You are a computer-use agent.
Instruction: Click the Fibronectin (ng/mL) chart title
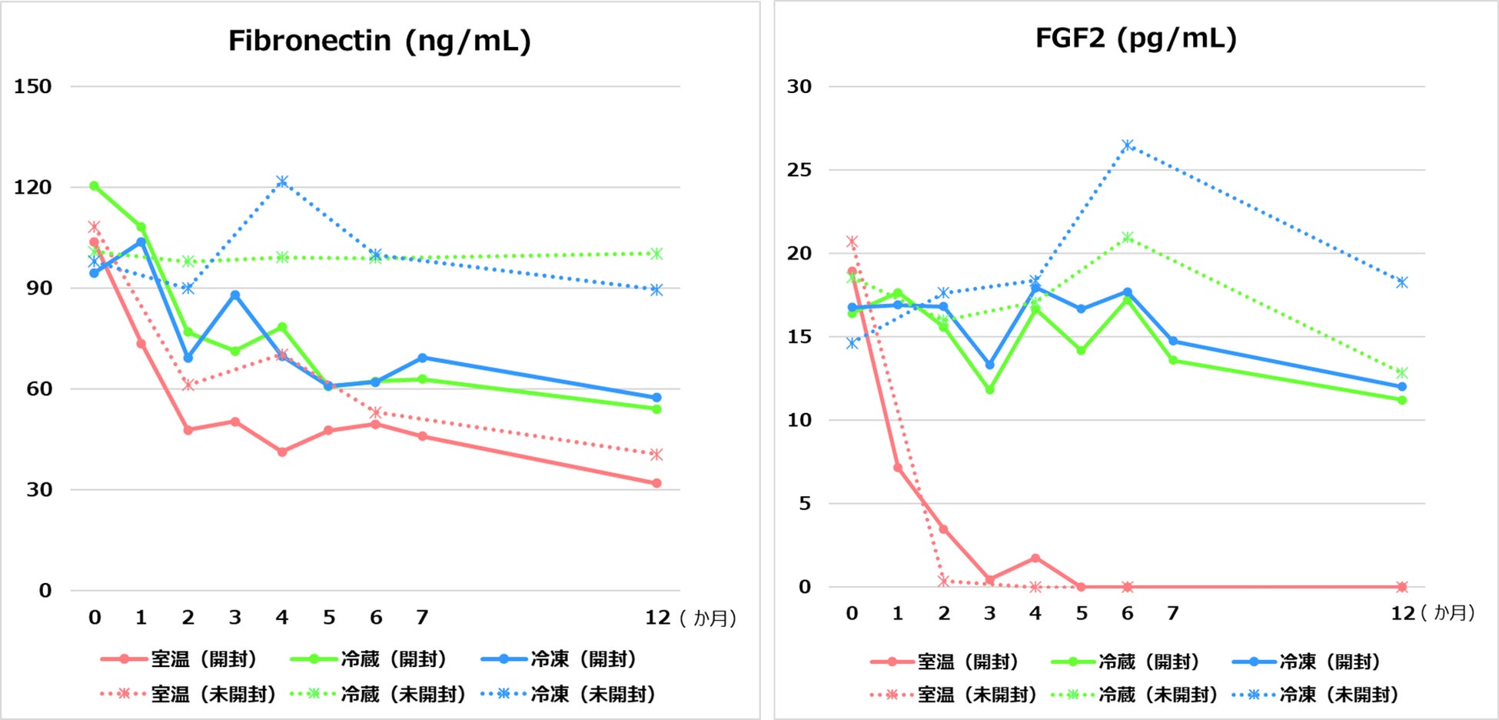pyautogui.click(x=379, y=41)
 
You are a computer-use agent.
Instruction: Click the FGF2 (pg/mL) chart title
pyautogui.click(x=1135, y=38)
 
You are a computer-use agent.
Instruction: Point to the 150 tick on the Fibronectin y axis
pyautogui.click(x=33, y=86)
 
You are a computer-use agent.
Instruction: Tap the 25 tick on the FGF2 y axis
pyautogui.click(x=799, y=170)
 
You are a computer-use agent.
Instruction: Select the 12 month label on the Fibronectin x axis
pyautogui.click(x=657, y=618)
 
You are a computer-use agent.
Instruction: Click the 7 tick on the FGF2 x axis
pyautogui.click(x=1172, y=613)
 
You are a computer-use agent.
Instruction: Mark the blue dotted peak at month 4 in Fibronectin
pyautogui.click(x=282, y=182)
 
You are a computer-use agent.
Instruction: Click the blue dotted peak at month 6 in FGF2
pyautogui.click(x=1127, y=145)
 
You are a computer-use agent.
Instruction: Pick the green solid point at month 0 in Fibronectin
pyautogui.click(x=94, y=185)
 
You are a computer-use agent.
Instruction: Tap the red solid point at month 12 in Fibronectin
pyautogui.click(x=656, y=483)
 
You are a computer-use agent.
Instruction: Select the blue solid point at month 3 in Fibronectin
pyautogui.click(x=235, y=295)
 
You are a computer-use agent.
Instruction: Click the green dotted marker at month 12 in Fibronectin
pyautogui.click(x=656, y=254)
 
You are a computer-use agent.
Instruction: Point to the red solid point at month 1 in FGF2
pyautogui.click(x=897, y=468)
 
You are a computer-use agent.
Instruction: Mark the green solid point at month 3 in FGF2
pyautogui.click(x=989, y=390)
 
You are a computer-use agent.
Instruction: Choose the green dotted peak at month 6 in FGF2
pyautogui.click(x=1127, y=237)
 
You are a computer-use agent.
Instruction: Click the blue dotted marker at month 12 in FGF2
pyautogui.click(x=1401, y=282)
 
